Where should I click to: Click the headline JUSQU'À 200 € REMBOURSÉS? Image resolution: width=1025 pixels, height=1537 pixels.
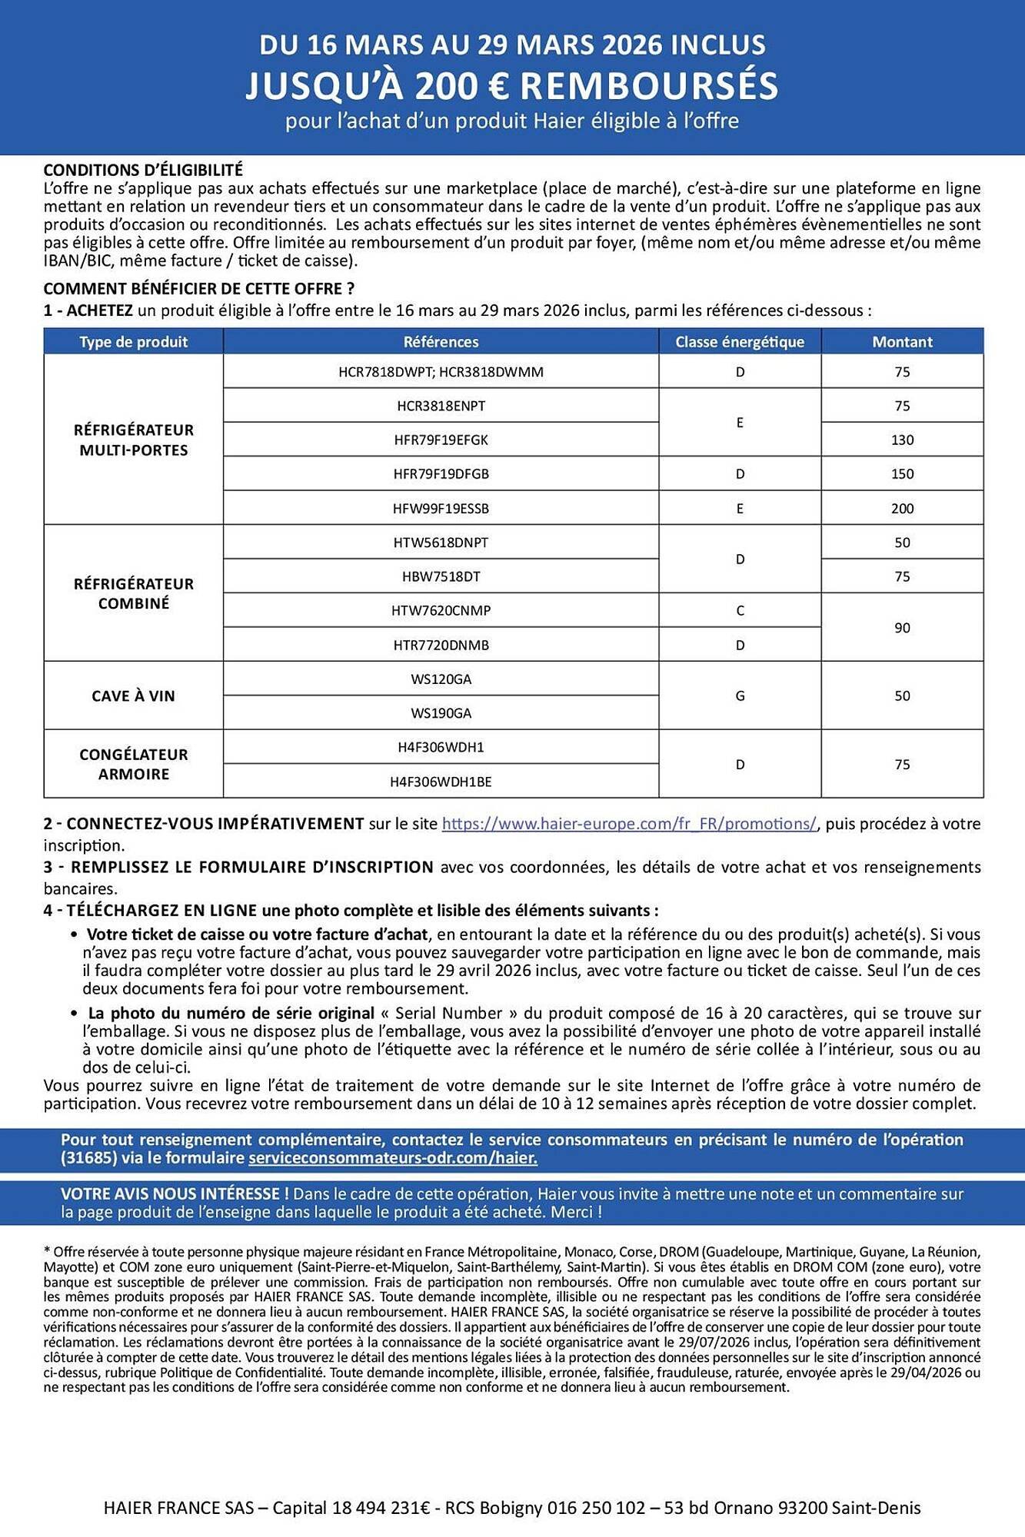(x=512, y=86)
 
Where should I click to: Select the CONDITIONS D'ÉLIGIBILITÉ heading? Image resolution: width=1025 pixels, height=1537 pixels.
(x=143, y=170)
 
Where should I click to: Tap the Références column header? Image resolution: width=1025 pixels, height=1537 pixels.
(x=441, y=342)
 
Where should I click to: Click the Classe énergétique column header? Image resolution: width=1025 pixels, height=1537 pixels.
(x=740, y=342)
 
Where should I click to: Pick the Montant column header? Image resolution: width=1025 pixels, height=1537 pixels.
(x=902, y=342)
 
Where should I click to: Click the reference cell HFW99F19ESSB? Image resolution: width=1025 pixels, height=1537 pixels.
(x=441, y=508)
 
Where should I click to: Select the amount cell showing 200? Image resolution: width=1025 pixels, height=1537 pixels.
(x=902, y=508)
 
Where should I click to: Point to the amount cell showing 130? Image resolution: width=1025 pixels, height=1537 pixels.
(x=902, y=440)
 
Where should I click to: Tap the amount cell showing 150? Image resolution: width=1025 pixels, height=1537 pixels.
(x=902, y=474)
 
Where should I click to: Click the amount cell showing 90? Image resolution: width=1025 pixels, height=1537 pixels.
(x=902, y=628)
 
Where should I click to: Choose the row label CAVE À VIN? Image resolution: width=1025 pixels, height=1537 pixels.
(x=134, y=696)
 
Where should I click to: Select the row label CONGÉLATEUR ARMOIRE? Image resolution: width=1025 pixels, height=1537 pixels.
(x=134, y=764)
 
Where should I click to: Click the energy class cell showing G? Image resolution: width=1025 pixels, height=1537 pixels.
(x=740, y=696)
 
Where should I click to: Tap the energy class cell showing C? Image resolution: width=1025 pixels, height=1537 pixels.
(x=740, y=611)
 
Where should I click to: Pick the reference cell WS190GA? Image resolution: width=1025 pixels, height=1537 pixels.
(x=441, y=713)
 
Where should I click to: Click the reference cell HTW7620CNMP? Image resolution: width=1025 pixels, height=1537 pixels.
(x=441, y=611)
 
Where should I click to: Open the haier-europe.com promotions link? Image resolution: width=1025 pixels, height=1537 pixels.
(x=629, y=824)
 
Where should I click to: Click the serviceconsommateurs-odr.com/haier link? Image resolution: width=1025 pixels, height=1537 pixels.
(x=393, y=1158)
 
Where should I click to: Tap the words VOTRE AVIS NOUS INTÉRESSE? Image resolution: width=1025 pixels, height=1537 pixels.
(x=175, y=1194)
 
